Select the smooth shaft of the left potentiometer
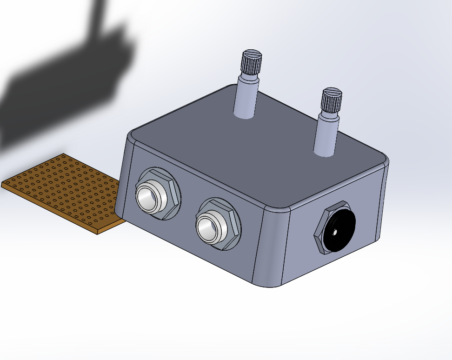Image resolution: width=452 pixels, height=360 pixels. pyautogui.click(x=246, y=98)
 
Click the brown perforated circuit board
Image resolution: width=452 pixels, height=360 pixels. pyautogui.click(x=60, y=191)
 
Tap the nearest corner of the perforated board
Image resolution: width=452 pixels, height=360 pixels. pyautogui.click(x=97, y=233)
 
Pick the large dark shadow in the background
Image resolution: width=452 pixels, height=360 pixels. pyautogui.click(x=65, y=88)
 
